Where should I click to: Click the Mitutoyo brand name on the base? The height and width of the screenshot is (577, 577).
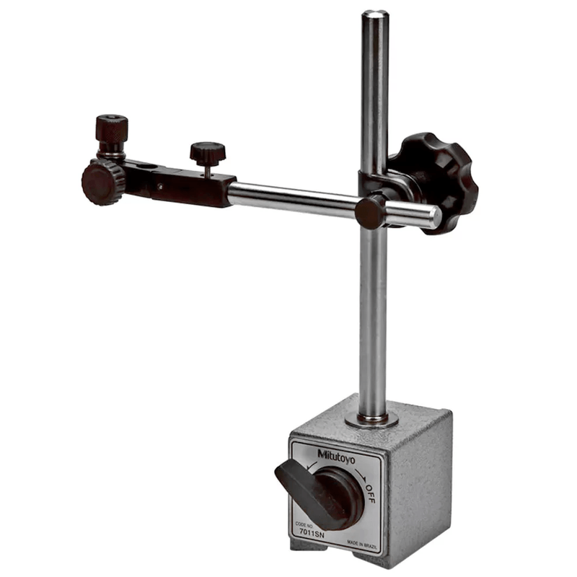coord(336,457)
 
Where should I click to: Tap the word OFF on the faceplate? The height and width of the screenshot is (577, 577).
coord(370,494)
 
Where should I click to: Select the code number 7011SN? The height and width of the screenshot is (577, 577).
coord(312,532)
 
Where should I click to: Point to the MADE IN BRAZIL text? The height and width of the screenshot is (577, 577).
coord(363,544)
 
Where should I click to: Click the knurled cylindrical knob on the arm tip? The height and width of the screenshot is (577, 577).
coord(112,129)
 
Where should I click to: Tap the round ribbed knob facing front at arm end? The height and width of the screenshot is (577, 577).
coord(102,183)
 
